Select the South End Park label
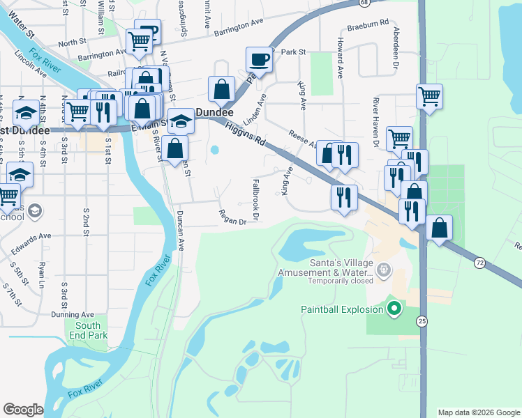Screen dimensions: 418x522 click(88, 330)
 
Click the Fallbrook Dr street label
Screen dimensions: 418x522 click(255, 199)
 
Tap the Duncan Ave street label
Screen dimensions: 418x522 click(180, 231)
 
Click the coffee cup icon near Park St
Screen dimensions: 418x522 click(260, 59)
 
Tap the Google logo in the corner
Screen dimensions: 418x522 click(23, 409)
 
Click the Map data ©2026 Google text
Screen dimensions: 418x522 click(478, 412)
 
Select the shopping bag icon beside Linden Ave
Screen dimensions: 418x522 click(221, 90)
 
